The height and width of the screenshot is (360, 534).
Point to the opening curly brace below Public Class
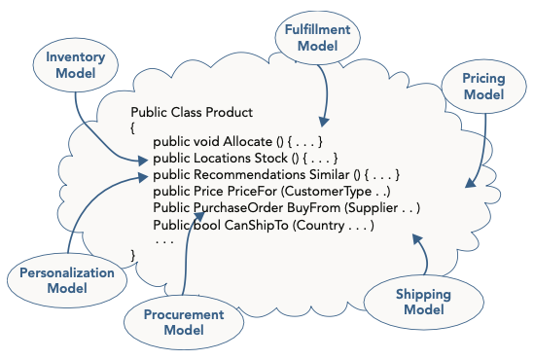pos(133,126)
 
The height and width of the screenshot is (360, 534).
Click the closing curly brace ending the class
pos(133,255)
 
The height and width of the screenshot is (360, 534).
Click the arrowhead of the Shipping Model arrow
pos(417,237)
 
